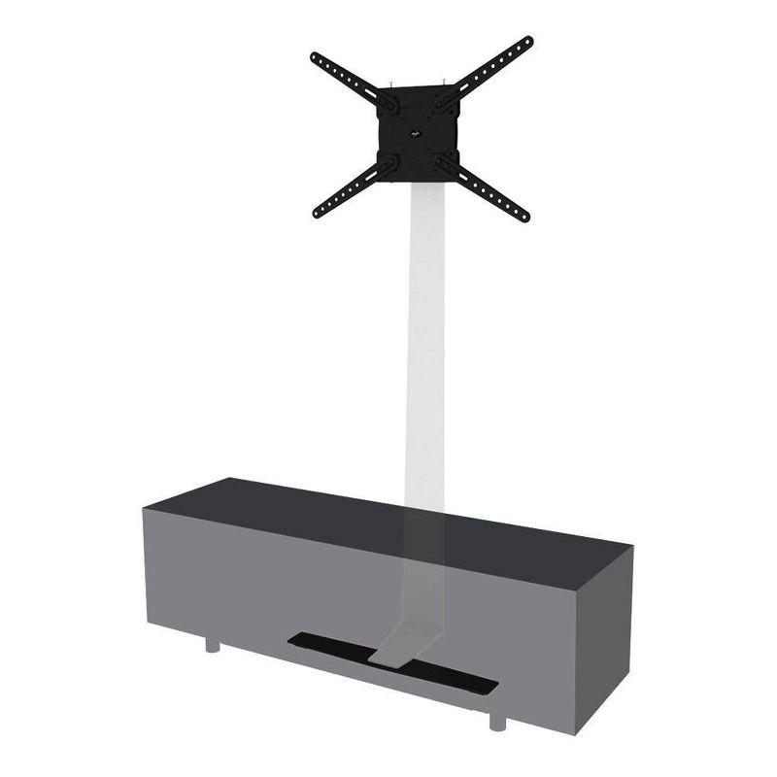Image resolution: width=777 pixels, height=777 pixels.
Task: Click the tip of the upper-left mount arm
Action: pos(315,57)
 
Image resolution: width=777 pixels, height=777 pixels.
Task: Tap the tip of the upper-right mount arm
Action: pos(528,41)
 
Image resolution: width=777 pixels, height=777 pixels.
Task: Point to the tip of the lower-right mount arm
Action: pos(524,217)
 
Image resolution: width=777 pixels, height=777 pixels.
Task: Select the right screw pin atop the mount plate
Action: pos(439,83)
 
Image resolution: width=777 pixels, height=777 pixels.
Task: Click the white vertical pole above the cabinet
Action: pos(425,340)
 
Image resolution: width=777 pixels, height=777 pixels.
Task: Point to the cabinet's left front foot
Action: pos(212,644)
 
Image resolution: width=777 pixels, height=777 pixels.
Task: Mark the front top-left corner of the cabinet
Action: pos(145,508)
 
